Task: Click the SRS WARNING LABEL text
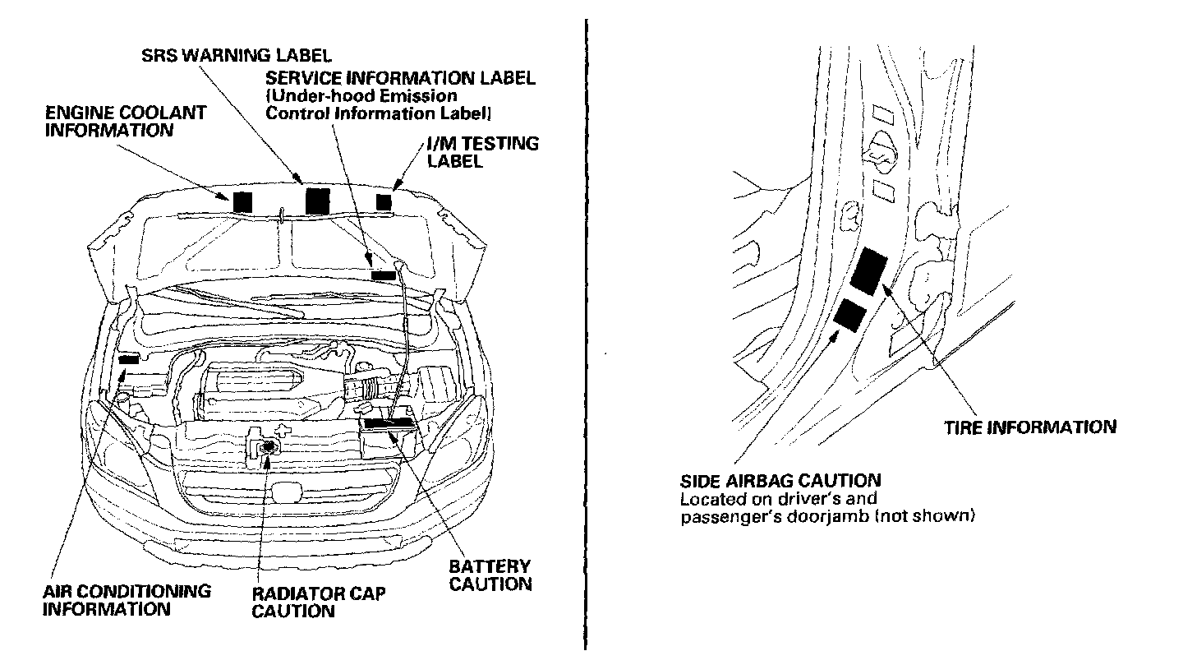pyautogui.click(x=237, y=56)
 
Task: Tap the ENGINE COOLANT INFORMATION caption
pyautogui.click(x=125, y=121)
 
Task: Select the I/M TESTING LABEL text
pyautogui.click(x=483, y=152)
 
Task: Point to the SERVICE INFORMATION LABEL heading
pyautogui.click(x=400, y=79)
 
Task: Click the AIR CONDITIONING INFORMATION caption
pyautogui.click(x=127, y=600)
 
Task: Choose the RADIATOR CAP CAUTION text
pyautogui.click(x=319, y=602)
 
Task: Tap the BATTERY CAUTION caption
pyautogui.click(x=490, y=575)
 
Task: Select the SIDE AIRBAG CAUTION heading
pyautogui.click(x=780, y=480)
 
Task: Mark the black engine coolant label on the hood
pyautogui.click(x=242, y=202)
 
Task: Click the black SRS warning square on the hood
pyautogui.click(x=317, y=201)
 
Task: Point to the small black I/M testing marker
pyautogui.click(x=384, y=202)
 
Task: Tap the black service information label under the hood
pyautogui.click(x=384, y=275)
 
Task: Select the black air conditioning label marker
pyautogui.click(x=129, y=360)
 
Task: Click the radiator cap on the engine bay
pyautogui.click(x=268, y=446)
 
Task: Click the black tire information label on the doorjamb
pyautogui.click(x=868, y=272)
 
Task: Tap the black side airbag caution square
pyautogui.click(x=849, y=316)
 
